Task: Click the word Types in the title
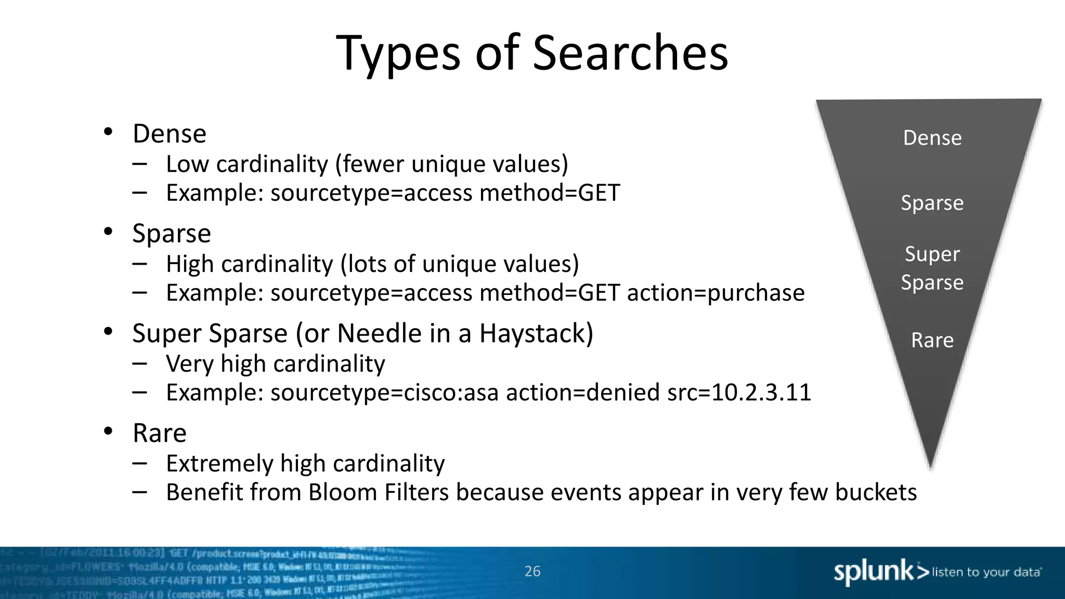click(x=399, y=53)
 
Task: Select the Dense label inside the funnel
click(x=932, y=138)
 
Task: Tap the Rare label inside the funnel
click(x=932, y=341)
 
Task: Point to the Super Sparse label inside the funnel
click(x=932, y=268)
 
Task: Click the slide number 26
click(x=532, y=571)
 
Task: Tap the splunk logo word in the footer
click(x=874, y=572)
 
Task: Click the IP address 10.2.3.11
click(x=761, y=393)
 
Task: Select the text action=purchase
click(x=716, y=293)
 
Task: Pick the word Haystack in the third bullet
click(x=536, y=333)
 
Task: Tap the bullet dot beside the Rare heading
click(x=108, y=431)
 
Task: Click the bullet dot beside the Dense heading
click(x=108, y=132)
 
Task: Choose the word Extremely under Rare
click(x=219, y=463)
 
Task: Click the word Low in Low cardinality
click(x=187, y=164)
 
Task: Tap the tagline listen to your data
click(x=986, y=572)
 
